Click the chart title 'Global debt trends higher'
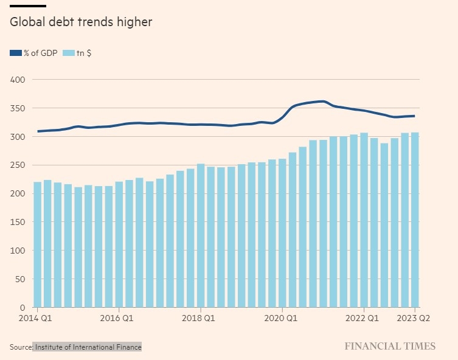tap(80, 22)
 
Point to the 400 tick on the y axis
tap(17, 80)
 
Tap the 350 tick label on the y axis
tap(17, 108)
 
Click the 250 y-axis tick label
tap(17, 165)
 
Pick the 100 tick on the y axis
tap(17, 251)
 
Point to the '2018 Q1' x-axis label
tap(199, 317)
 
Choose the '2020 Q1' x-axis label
tap(282, 317)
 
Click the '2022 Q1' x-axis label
tap(363, 317)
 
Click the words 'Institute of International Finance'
tap(88, 347)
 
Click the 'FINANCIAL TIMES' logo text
tap(390, 347)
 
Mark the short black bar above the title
tap(28, 6)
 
